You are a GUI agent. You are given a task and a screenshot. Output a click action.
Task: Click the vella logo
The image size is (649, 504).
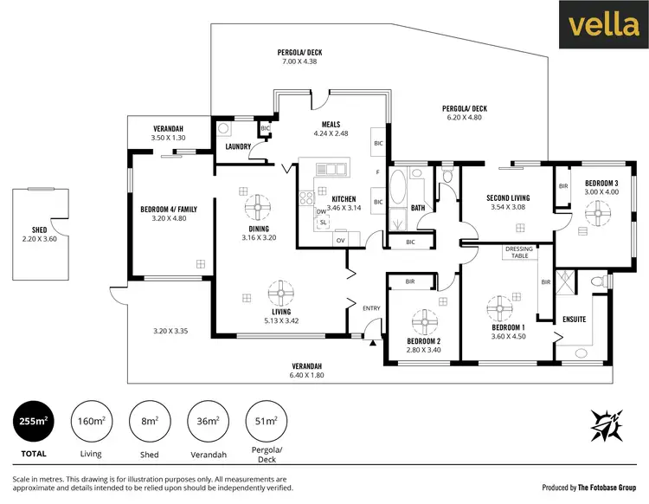tap(604, 26)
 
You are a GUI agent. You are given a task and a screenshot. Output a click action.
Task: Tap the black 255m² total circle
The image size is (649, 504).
tap(33, 422)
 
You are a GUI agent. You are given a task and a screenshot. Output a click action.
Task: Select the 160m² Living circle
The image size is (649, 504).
tap(91, 422)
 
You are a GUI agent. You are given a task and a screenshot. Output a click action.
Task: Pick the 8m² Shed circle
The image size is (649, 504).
tap(150, 422)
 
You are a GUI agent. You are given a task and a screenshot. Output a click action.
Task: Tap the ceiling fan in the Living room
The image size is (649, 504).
tap(280, 290)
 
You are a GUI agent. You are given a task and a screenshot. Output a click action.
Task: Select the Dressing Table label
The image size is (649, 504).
tap(519, 253)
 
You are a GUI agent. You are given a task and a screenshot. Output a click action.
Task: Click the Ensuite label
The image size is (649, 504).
tap(574, 320)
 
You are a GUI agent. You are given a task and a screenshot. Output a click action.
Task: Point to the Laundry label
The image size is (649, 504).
tap(238, 146)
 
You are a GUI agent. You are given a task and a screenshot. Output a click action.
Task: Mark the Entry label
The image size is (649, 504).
tap(371, 307)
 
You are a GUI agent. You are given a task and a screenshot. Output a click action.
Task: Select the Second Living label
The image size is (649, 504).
tap(509, 197)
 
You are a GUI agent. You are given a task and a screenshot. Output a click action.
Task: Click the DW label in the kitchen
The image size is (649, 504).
tap(321, 211)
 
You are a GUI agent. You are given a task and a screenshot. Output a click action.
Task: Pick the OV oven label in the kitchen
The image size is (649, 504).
tap(340, 239)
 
